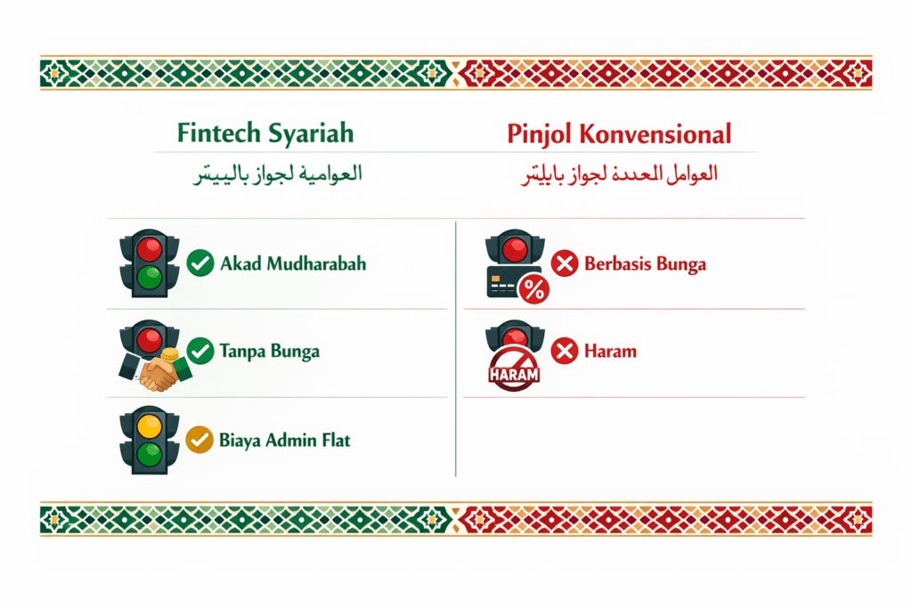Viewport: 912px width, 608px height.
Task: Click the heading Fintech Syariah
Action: pyautogui.click(x=265, y=134)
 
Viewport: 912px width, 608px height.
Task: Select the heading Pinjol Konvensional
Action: pyautogui.click(x=619, y=134)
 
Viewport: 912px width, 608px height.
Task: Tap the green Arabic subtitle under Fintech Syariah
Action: pyautogui.click(x=278, y=174)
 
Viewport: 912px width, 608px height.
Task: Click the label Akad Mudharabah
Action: pyautogui.click(x=293, y=263)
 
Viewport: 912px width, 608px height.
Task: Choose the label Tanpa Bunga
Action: pyautogui.click(x=269, y=352)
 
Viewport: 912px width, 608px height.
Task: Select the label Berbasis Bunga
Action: pyautogui.click(x=647, y=263)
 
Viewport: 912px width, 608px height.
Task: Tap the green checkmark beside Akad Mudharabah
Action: pyautogui.click(x=199, y=263)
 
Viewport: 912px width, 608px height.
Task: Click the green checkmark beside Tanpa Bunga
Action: pyautogui.click(x=199, y=352)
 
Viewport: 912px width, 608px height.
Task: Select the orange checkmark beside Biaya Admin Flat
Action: pyautogui.click(x=199, y=439)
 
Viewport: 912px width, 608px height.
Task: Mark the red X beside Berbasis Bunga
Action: pyautogui.click(x=565, y=263)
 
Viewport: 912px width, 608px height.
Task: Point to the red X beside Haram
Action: pyautogui.click(x=565, y=352)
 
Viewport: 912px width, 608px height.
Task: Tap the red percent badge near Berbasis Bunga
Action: pyautogui.click(x=533, y=288)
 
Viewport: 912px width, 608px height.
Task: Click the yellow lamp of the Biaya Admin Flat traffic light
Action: pyautogui.click(x=149, y=426)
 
